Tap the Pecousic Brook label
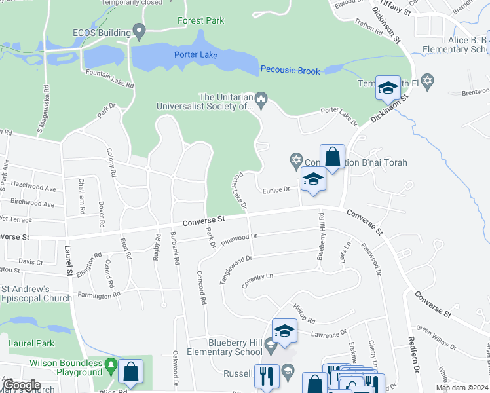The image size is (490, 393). pyautogui.click(x=290, y=70)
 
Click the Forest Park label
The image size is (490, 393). pyautogui.click(x=200, y=20)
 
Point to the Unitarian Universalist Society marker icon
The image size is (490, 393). pyautogui.click(x=261, y=100)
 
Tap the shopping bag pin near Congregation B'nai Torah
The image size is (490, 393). pyautogui.click(x=332, y=157)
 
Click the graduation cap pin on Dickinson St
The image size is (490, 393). pyautogui.click(x=388, y=87)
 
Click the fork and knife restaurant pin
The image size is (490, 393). pyautogui.click(x=266, y=375)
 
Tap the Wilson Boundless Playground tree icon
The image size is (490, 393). pyautogui.click(x=112, y=364)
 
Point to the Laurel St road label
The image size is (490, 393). pyautogui.click(x=68, y=259)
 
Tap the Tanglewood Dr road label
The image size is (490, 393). pyautogui.click(x=236, y=268)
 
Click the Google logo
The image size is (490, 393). pyautogui.click(x=22, y=385)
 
